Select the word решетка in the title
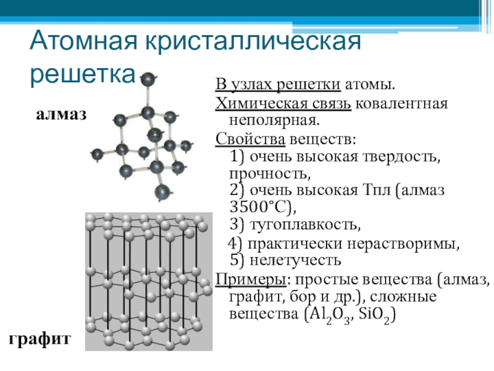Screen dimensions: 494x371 click(x=82, y=73)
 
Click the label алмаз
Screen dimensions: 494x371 click(x=61, y=114)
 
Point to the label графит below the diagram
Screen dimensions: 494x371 click(x=40, y=339)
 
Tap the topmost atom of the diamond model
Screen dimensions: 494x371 click(x=148, y=79)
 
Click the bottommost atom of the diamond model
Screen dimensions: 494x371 click(x=162, y=191)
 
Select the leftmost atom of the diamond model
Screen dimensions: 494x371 click(x=96, y=154)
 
